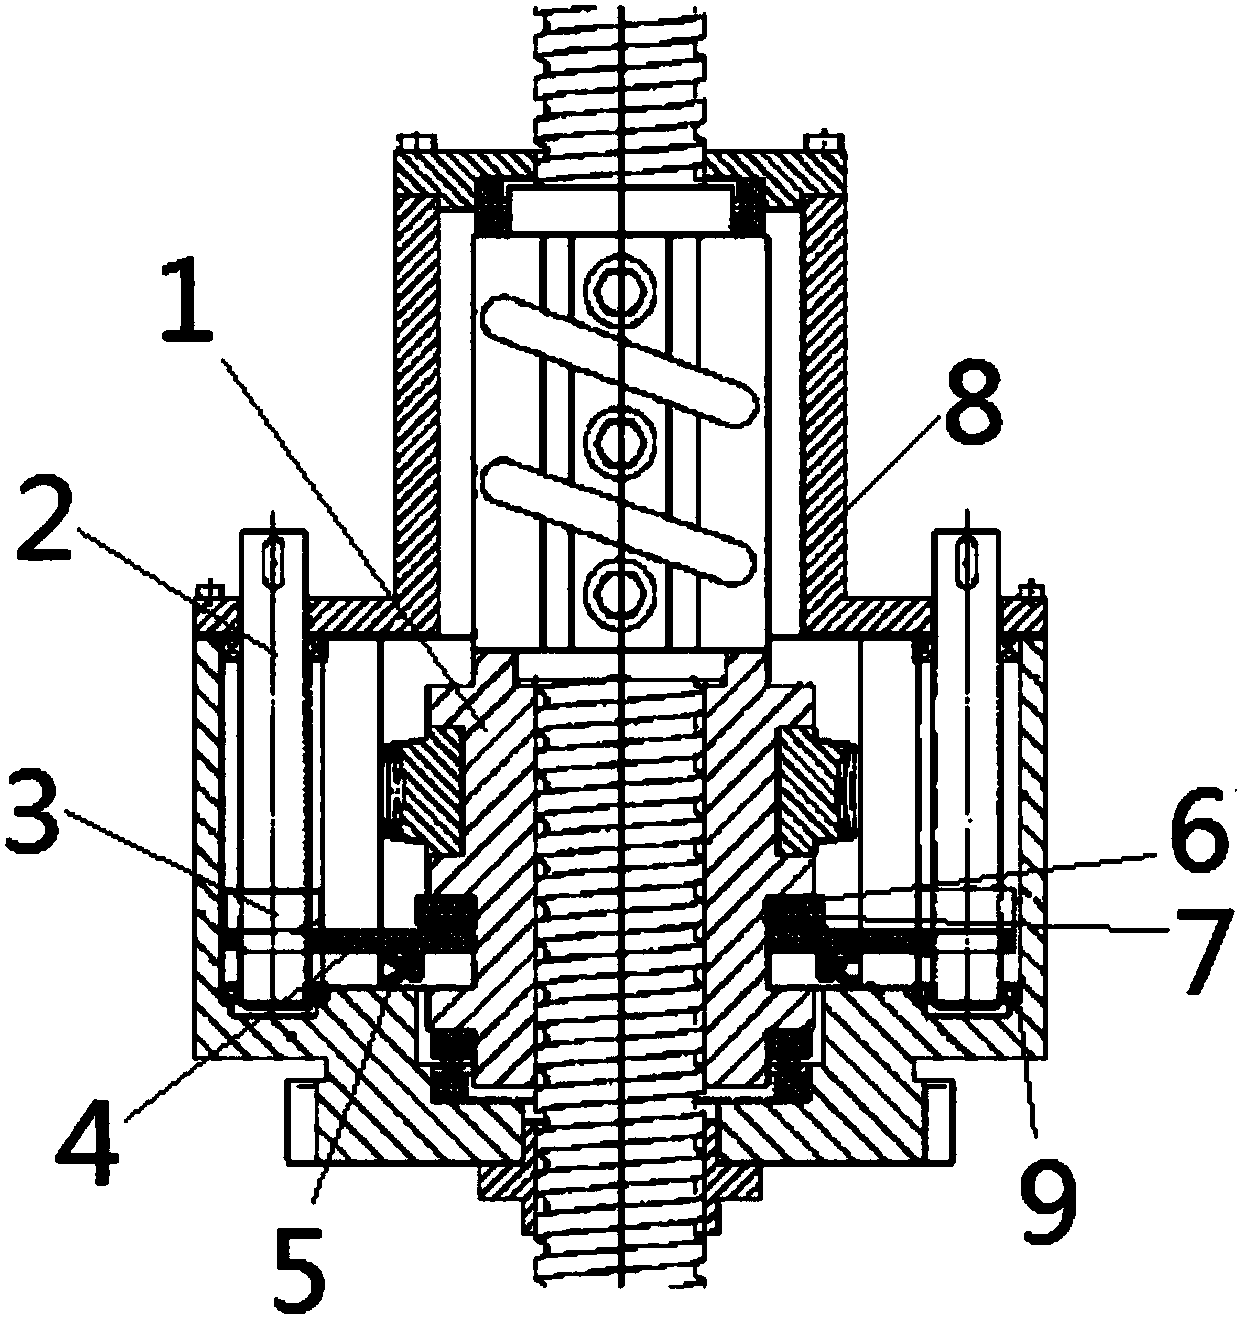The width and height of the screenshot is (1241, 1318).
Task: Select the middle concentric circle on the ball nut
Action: tap(620, 439)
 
